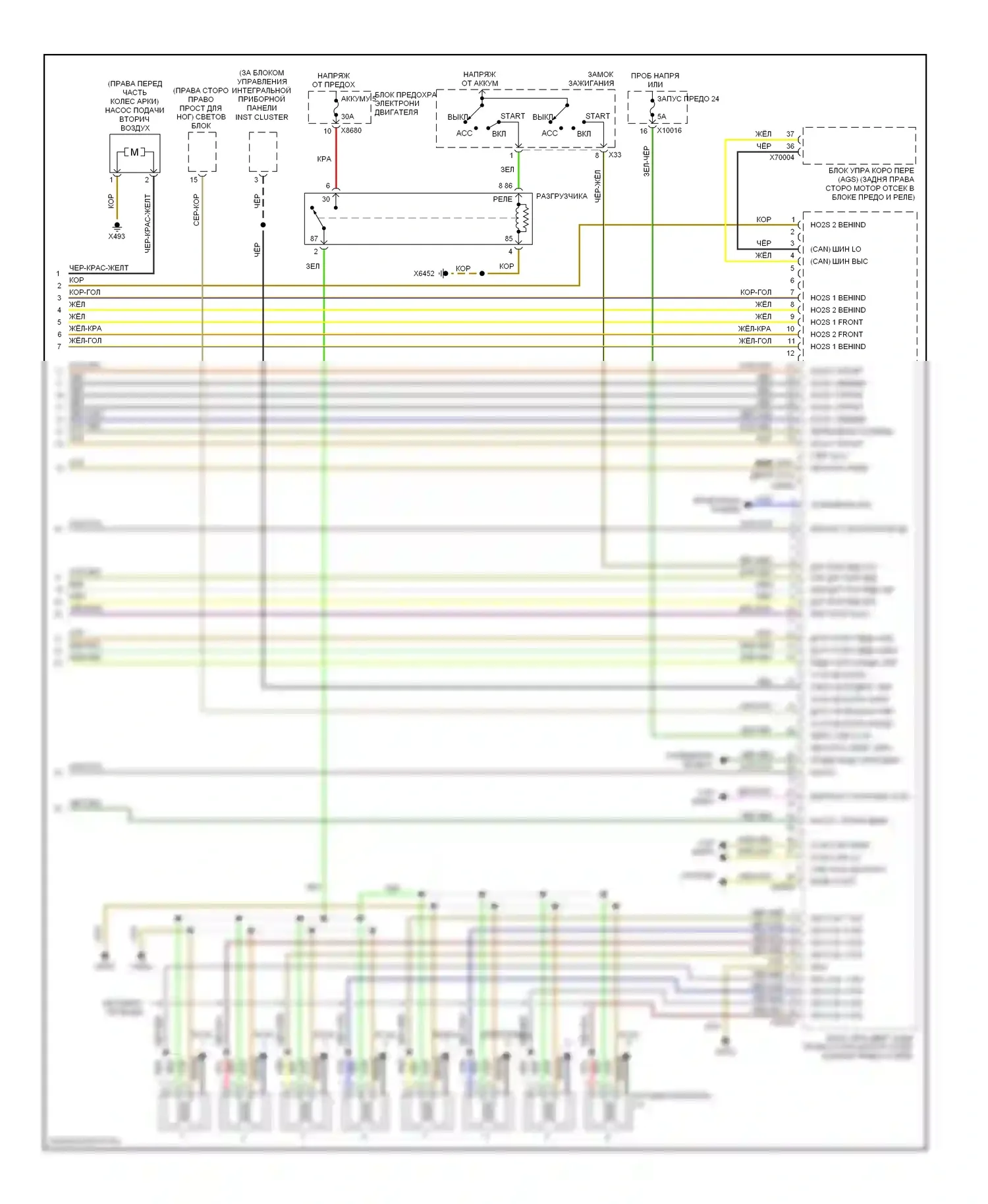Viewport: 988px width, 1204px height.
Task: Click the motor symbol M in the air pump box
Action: (x=134, y=152)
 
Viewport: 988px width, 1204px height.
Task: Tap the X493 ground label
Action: (x=117, y=236)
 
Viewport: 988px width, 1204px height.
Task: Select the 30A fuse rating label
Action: (x=347, y=117)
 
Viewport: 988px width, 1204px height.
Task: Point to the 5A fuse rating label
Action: (x=661, y=117)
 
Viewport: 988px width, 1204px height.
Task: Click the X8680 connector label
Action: (x=351, y=130)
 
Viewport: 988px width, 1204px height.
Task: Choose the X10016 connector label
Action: (x=669, y=130)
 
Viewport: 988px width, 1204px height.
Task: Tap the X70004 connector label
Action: (x=782, y=157)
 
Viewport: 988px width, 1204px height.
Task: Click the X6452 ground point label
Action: (x=424, y=273)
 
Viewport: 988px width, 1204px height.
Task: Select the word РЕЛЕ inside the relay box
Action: (x=503, y=199)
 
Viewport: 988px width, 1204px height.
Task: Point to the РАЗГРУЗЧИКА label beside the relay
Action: (x=561, y=196)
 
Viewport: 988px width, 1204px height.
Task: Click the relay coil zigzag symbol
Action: (x=525, y=218)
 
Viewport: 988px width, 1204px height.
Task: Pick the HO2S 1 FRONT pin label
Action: (x=837, y=322)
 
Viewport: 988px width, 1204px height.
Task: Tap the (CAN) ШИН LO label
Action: (x=835, y=249)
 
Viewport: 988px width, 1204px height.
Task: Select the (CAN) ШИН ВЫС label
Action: (x=838, y=261)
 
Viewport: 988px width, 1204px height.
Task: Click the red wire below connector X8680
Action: (x=337, y=158)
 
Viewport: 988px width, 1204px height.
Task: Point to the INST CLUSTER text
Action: (x=261, y=117)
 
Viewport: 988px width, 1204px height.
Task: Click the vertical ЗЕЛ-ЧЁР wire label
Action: (x=646, y=161)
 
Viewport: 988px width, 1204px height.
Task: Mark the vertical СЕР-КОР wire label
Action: (x=196, y=209)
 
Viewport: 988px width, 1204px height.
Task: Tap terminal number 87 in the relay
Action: (x=314, y=238)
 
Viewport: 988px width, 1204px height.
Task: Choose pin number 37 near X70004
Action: (x=790, y=134)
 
